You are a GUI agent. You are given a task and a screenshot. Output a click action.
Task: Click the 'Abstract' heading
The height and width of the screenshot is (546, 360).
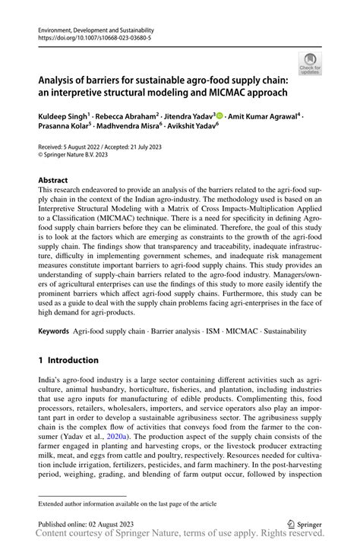click(x=53, y=181)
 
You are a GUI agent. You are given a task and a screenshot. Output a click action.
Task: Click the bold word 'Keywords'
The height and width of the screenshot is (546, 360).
click(x=55, y=332)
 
